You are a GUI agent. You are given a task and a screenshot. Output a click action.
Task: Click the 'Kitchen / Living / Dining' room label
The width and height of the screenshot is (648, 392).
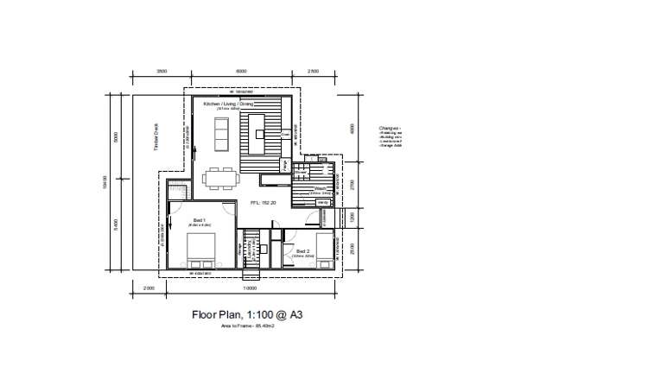[x=228, y=104]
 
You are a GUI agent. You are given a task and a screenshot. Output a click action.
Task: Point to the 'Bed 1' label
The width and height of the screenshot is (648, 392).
[x=199, y=219]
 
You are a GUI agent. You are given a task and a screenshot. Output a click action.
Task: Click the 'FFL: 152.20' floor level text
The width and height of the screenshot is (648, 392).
[x=263, y=203]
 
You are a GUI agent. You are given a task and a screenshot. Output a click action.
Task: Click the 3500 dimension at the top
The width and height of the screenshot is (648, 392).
[x=162, y=71]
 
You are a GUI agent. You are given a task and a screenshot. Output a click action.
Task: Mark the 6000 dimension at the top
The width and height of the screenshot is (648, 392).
[x=241, y=71]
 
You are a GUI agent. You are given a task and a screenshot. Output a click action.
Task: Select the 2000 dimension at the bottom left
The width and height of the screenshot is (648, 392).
[x=148, y=288]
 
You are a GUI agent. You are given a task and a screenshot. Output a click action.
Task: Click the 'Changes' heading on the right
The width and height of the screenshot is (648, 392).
[x=389, y=127]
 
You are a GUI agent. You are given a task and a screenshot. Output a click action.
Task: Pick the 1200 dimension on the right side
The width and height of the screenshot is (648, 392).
[x=352, y=217]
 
